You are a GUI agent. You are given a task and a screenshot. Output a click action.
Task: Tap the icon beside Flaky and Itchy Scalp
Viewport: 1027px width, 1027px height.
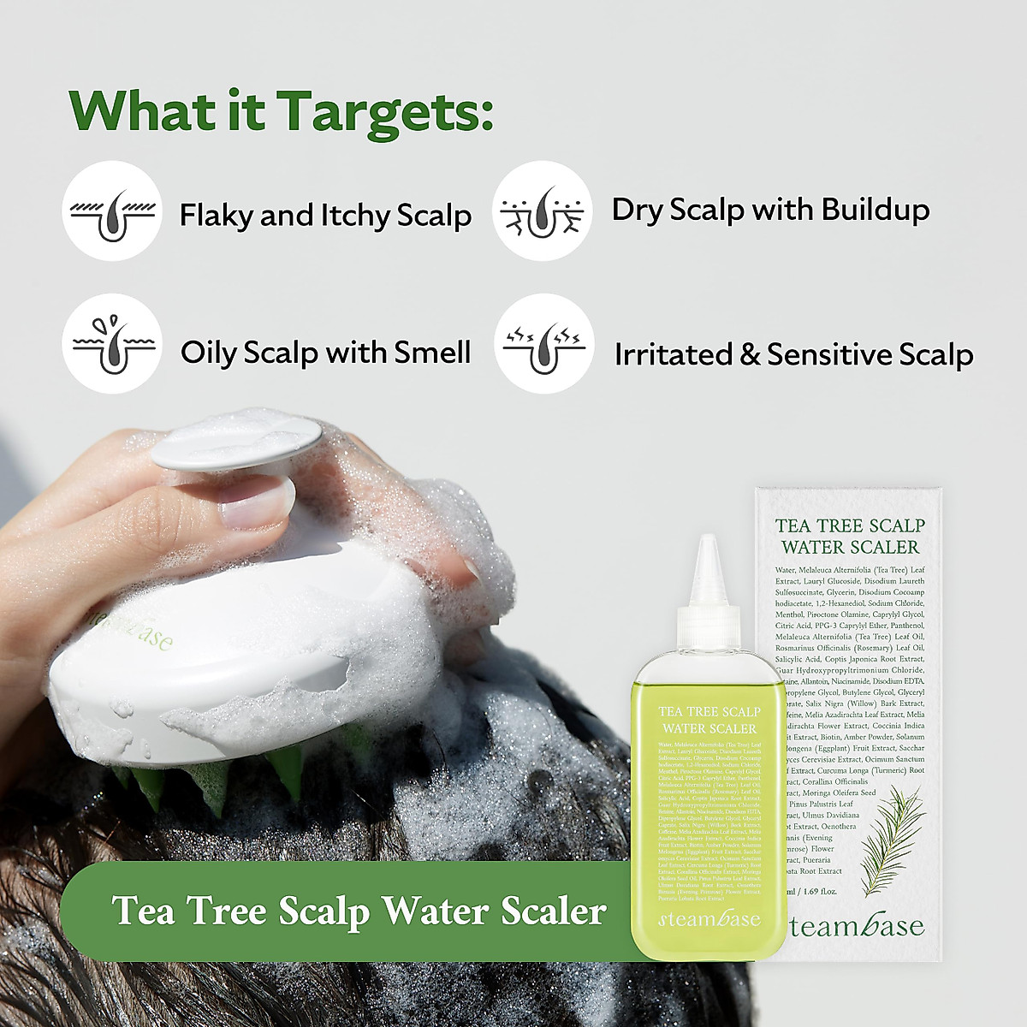[x=112, y=211]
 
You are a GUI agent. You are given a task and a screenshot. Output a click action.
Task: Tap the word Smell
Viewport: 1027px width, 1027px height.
[x=432, y=352]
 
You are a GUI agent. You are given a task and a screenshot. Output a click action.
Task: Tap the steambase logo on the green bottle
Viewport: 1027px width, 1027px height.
[x=709, y=921]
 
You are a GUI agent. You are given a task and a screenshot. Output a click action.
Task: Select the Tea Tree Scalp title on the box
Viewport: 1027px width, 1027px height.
[x=849, y=525]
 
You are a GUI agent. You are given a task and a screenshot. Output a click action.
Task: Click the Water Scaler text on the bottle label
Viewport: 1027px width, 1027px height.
[x=709, y=728]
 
